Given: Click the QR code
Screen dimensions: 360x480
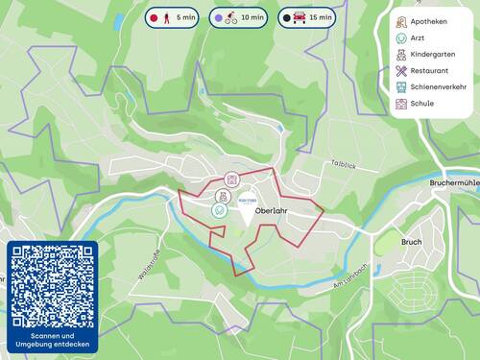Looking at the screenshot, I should click(53, 285).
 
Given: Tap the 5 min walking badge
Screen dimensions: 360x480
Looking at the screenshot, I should click(172, 17).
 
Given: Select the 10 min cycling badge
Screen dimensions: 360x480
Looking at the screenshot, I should click(238, 17).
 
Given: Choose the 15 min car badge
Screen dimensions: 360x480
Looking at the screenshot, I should click(307, 17).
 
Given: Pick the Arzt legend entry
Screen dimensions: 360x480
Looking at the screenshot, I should click(418, 38).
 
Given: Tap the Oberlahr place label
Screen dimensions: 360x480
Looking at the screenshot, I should click(274, 211).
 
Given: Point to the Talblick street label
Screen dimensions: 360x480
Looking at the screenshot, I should click(343, 165).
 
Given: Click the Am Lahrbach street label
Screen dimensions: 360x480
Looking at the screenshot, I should click(350, 272).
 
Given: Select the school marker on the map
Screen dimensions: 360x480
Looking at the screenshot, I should click(231, 180).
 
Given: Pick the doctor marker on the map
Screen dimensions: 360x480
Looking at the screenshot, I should click(220, 208).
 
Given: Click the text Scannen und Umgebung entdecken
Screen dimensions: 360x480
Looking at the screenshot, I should click(53, 341).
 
